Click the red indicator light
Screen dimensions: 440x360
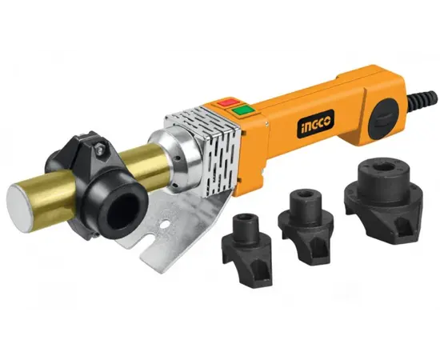point(229,102)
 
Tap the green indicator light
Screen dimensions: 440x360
point(242,110)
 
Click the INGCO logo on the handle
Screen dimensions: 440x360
point(316,124)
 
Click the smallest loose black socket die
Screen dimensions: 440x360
point(247,249)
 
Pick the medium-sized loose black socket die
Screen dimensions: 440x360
point(306,225)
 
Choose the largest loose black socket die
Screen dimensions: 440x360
point(383,199)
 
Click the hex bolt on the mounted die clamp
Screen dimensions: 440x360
point(98,149)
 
